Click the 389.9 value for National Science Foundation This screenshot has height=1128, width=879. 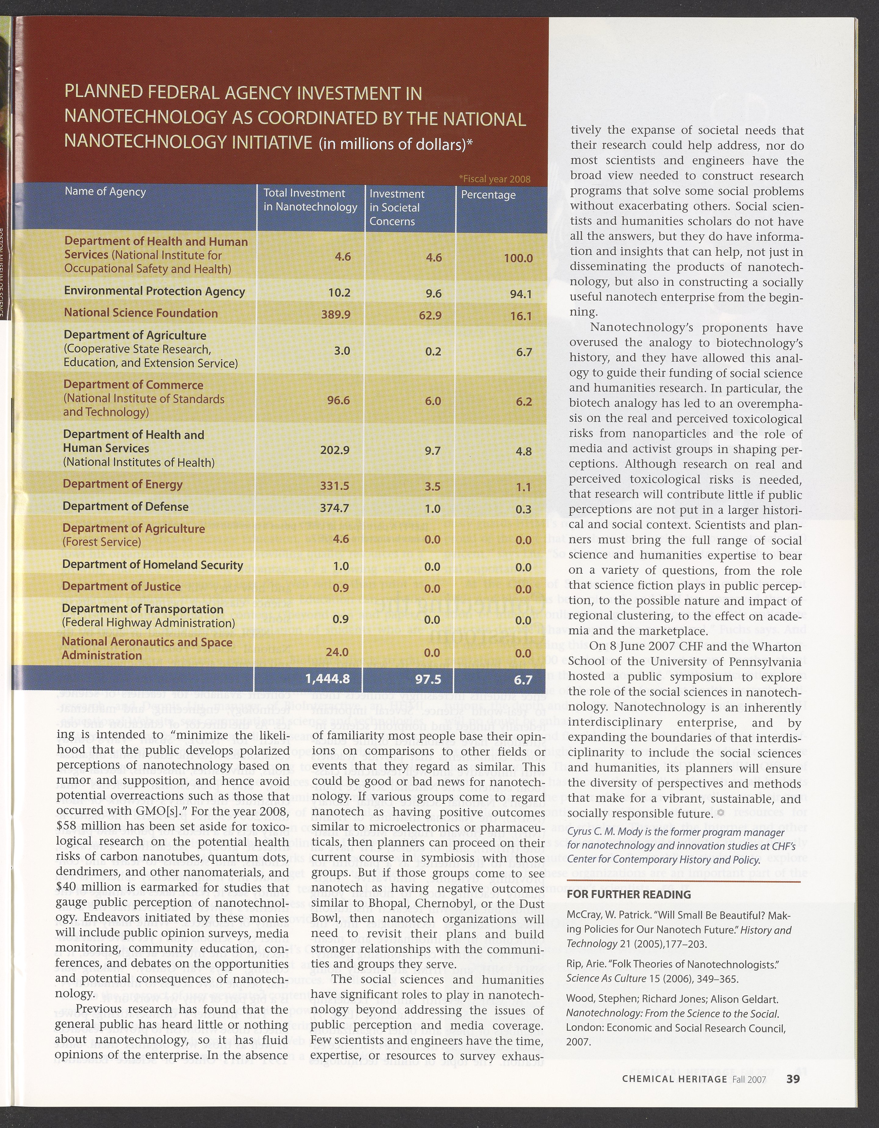point(336,314)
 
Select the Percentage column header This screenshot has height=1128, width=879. point(488,195)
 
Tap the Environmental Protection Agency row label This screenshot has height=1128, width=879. point(154,291)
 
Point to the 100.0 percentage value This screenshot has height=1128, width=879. point(518,258)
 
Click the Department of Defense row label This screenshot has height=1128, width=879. point(125,507)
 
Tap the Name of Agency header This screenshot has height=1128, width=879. point(105,192)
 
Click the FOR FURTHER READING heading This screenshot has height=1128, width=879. point(628,894)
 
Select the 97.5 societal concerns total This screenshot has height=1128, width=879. point(428,679)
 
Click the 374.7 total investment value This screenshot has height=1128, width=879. point(334,508)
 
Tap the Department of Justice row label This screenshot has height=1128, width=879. point(121,587)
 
